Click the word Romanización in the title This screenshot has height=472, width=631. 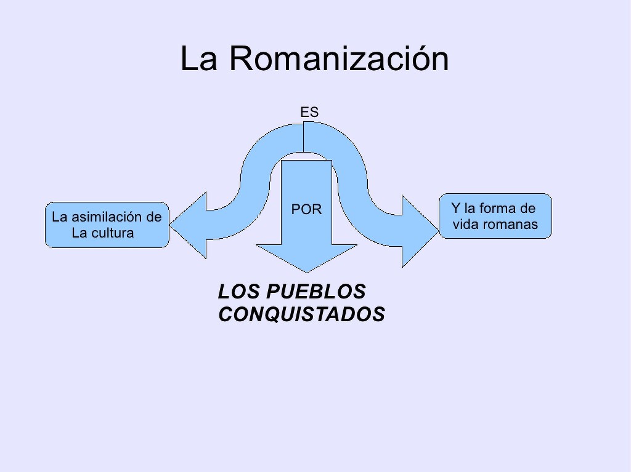pos(340,60)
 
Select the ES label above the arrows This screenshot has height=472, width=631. pos(309,112)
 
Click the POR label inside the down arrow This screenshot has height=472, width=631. pos(306,209)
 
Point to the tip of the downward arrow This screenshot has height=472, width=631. pos(306,271)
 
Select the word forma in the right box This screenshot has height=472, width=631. pos(497,208)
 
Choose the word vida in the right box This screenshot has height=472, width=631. pos(466,225)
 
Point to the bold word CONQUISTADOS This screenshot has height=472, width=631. pos(301,314)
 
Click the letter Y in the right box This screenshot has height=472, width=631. pos(456,208)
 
